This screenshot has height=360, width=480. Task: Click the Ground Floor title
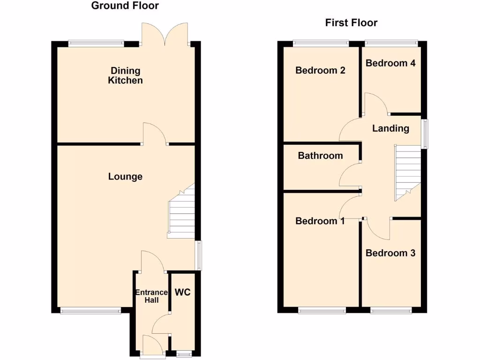125,6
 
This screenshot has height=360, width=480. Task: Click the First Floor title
351,22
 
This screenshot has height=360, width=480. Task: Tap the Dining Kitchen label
125,75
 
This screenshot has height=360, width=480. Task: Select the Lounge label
125,177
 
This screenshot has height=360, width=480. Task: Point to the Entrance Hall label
151,296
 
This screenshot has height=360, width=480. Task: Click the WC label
182,292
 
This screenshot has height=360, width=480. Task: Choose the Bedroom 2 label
320,70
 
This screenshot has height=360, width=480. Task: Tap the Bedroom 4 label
390,63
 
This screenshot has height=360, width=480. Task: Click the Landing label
390,128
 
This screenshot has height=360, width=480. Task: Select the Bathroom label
320,156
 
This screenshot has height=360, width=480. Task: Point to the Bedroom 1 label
320,221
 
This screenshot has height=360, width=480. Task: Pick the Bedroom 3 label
390,253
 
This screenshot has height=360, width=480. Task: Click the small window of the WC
184,355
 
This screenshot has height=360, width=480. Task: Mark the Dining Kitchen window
96,44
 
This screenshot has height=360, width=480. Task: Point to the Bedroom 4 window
390,44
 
